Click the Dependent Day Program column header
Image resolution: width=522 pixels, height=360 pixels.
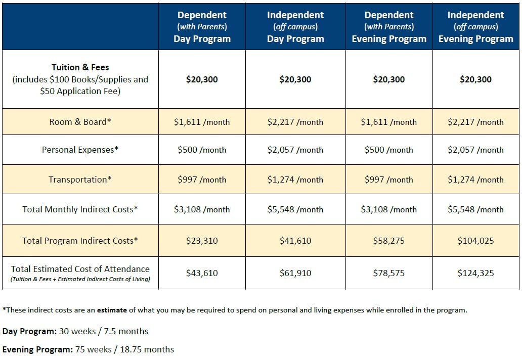tap(202, 27)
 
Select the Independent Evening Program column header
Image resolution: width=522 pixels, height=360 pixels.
tap(476, 27)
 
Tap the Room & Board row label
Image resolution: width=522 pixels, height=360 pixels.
tap(80, 122)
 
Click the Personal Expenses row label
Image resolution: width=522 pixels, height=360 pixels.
tap(80, 150)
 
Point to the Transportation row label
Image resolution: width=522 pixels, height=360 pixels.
tap(80, 179)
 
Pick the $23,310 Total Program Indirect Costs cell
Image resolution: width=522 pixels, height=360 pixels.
tap(202, 241)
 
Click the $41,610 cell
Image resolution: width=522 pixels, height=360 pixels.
tap(295, 241)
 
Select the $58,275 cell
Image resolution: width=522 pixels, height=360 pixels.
tap(389, 241)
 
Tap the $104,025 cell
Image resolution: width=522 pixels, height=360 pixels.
tap(476, 241)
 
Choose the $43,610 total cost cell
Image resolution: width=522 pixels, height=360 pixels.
tap(202, 273)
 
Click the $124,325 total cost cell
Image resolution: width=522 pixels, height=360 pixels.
tap(476, 273)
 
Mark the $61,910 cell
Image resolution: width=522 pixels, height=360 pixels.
tap(295, 273)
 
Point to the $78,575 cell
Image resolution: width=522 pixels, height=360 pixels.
tap(389, 273)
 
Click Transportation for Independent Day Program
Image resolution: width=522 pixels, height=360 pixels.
tap(295, 179)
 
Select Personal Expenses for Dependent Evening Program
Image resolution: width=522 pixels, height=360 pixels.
tap(389, 150)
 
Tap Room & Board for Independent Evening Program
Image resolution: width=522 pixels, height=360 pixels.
tap(476, 122)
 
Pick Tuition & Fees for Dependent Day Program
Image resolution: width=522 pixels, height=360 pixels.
tap(202, 79)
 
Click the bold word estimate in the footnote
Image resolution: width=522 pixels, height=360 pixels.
tap(112, 310)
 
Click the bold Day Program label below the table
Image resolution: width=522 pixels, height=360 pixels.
tap(30, 331)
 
